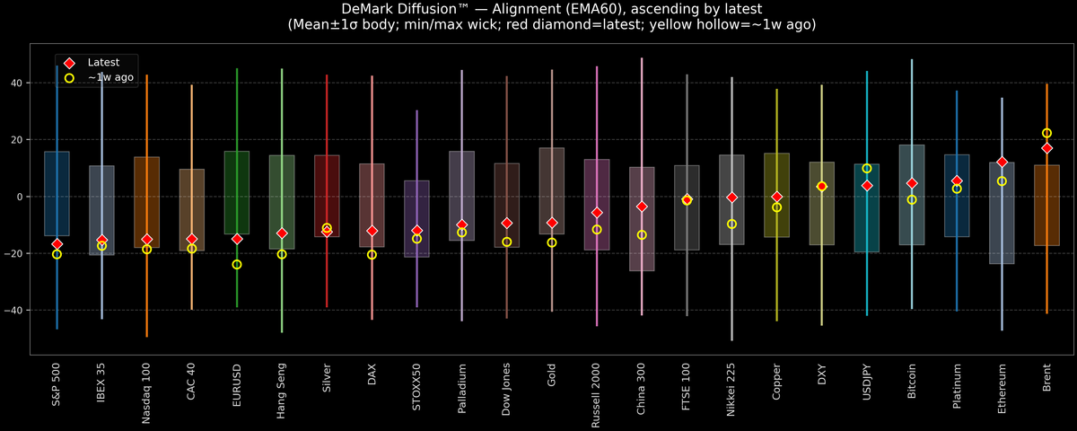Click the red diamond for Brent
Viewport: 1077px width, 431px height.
pos(1046,148)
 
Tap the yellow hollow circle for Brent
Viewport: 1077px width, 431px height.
pos(1046,133)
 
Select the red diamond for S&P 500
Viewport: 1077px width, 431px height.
pos(57,244)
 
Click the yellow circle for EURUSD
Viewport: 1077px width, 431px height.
pos(237,264)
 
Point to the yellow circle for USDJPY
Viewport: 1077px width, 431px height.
pos(867,169)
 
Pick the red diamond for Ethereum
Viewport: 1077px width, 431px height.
pos(1002,163)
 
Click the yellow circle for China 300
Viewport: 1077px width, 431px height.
pos(642,235)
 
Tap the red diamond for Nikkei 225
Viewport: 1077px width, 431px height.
pos(731,198)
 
